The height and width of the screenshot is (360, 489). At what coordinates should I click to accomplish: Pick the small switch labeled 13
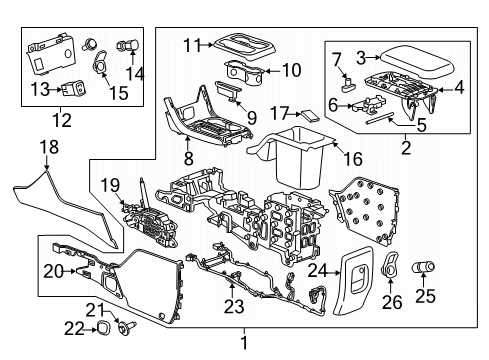pos(71,87)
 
